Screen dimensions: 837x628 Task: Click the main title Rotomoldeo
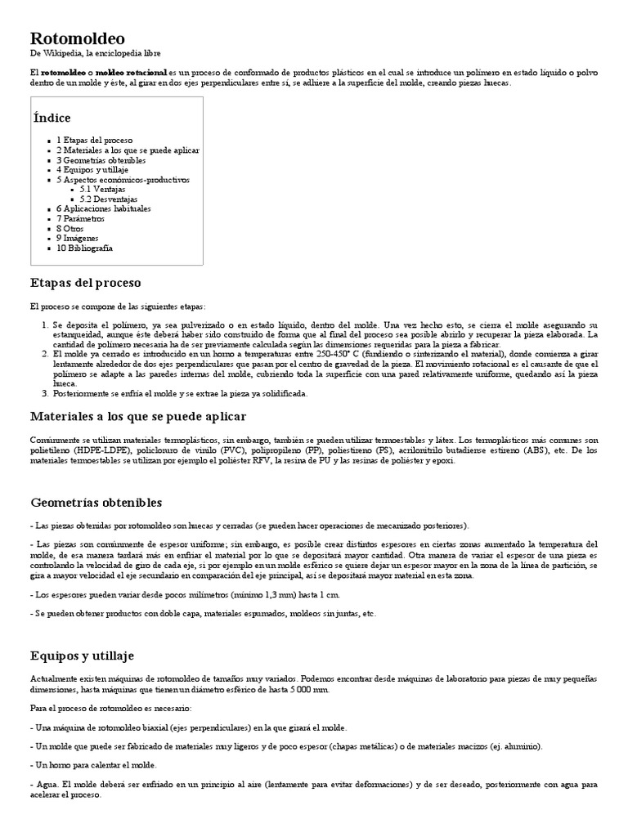pos(78,38)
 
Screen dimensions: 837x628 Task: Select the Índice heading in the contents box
pos(52,118)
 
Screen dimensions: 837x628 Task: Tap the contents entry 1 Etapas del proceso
pos(94,141)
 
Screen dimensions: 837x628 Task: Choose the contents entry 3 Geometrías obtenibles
pos(101,160)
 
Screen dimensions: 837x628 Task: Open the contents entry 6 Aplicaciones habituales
pos(104,208)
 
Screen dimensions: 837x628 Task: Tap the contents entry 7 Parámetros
pos(81,218)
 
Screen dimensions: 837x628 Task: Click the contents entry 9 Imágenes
pos(79,238)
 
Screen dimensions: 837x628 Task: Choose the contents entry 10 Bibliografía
pos(84,248)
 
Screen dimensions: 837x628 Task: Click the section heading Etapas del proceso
pos(86,283)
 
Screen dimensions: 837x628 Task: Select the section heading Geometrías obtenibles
pos(96,502)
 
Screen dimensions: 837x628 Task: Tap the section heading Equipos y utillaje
pos(83,656)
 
